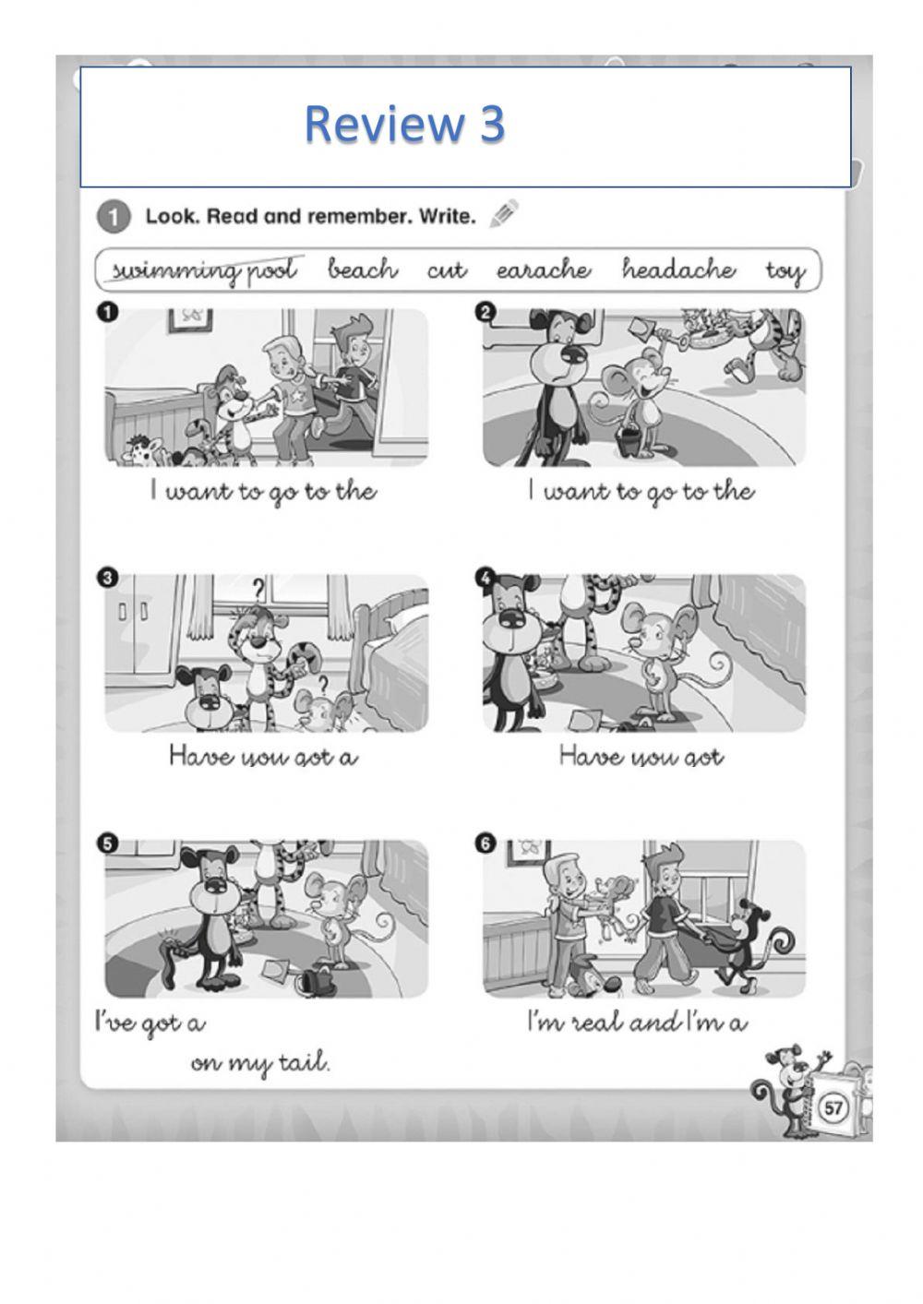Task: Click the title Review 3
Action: coord(404,124)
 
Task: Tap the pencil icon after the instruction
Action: coord(504,214)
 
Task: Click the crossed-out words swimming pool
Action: coord(203,270)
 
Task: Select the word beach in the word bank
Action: coord(363,269)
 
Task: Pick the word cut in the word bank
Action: coord(447,270)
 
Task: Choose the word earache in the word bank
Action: coord(544,269)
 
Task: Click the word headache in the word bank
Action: coord(678,269)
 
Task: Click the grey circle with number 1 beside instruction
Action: coord(112,218)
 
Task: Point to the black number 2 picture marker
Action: coord(485,313)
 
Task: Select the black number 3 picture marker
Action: coord(107,579)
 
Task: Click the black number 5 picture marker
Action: coord(107,843)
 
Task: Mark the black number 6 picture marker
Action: coord(485,843)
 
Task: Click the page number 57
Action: coord(833,1107)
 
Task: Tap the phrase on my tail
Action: coord(260,1063)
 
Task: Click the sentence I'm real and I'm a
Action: coord(637,1022)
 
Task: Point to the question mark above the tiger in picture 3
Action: coord(259,588)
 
